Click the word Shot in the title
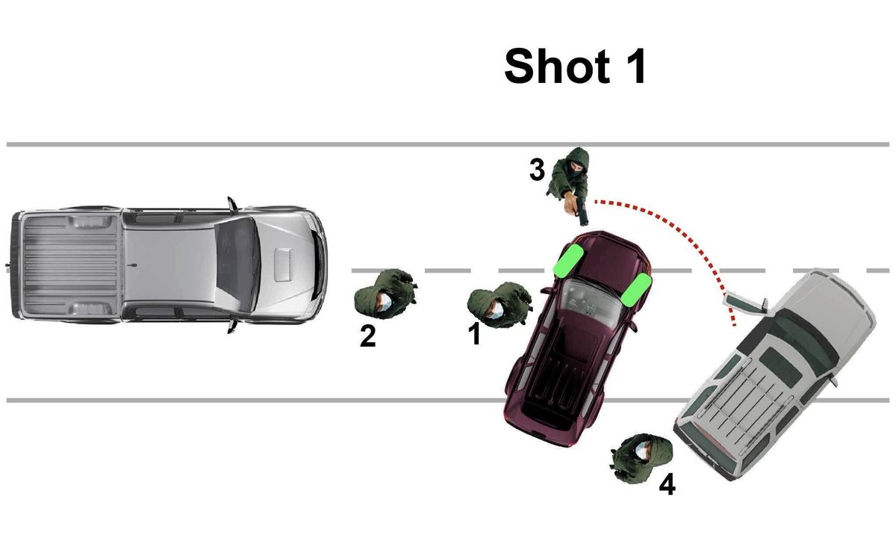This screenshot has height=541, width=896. [x=557, y=66]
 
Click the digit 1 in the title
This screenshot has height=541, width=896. [x=635, y=66]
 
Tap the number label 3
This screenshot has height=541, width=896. [x=537, y=170]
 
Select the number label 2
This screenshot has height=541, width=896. [x=367, y=336]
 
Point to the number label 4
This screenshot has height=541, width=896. [x=668, y=484]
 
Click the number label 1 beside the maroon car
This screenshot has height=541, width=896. [x=475, y=333]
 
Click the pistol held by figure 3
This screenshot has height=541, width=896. [x=581, y=210]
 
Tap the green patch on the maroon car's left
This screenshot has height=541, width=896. [x=567, y=261]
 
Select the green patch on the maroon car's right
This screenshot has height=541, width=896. [x=636, y=290]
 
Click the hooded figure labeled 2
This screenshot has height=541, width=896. [x=385, y=294]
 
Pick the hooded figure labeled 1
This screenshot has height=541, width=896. [x=500, y=305]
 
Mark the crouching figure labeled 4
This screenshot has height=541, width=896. [x=641, y=458]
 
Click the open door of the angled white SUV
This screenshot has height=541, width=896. [x=745, y=303]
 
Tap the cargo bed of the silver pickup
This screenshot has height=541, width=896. [x=70, y=265]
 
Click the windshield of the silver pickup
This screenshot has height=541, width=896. [x=237, y=265]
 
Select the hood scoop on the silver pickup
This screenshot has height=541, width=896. [x=284, y=265]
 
